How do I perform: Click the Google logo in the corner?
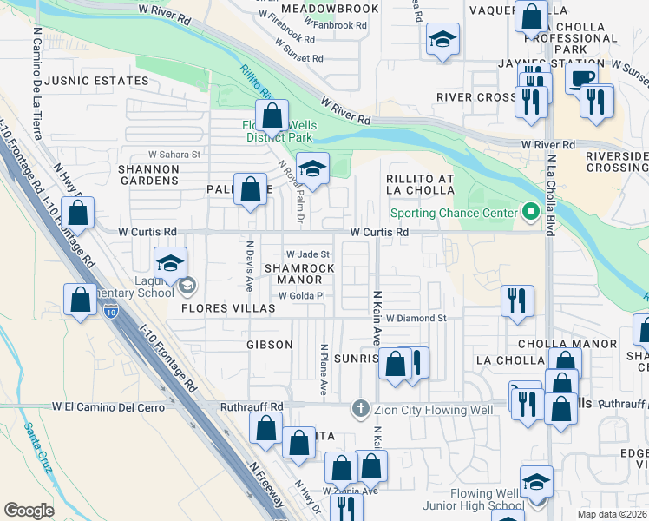click(x=29, y=511)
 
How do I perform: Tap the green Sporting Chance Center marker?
click(x=529, y=213)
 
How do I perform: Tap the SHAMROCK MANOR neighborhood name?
click(x=299, y=274)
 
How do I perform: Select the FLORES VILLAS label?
click(x=216, y=308)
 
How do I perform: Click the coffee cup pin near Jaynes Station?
click(x=581, y=76)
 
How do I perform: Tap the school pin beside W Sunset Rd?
click(x=442, y=39)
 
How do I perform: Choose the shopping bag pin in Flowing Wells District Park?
click(x=272, y=114)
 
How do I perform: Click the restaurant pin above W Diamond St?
click(x=517, y=300)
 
